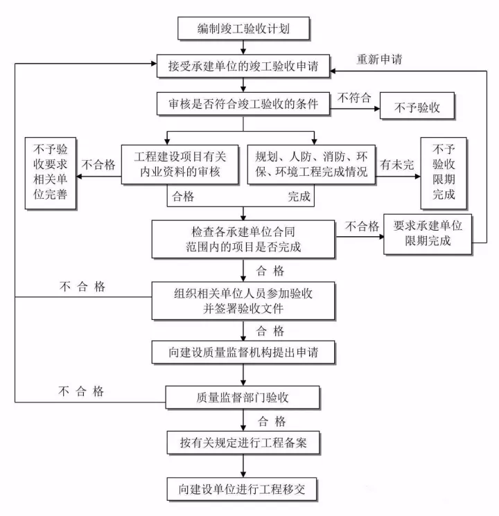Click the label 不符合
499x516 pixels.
tap(353, 98)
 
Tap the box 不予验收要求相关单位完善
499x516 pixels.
tap(49, 174)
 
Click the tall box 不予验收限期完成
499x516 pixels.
tap(444, 172)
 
